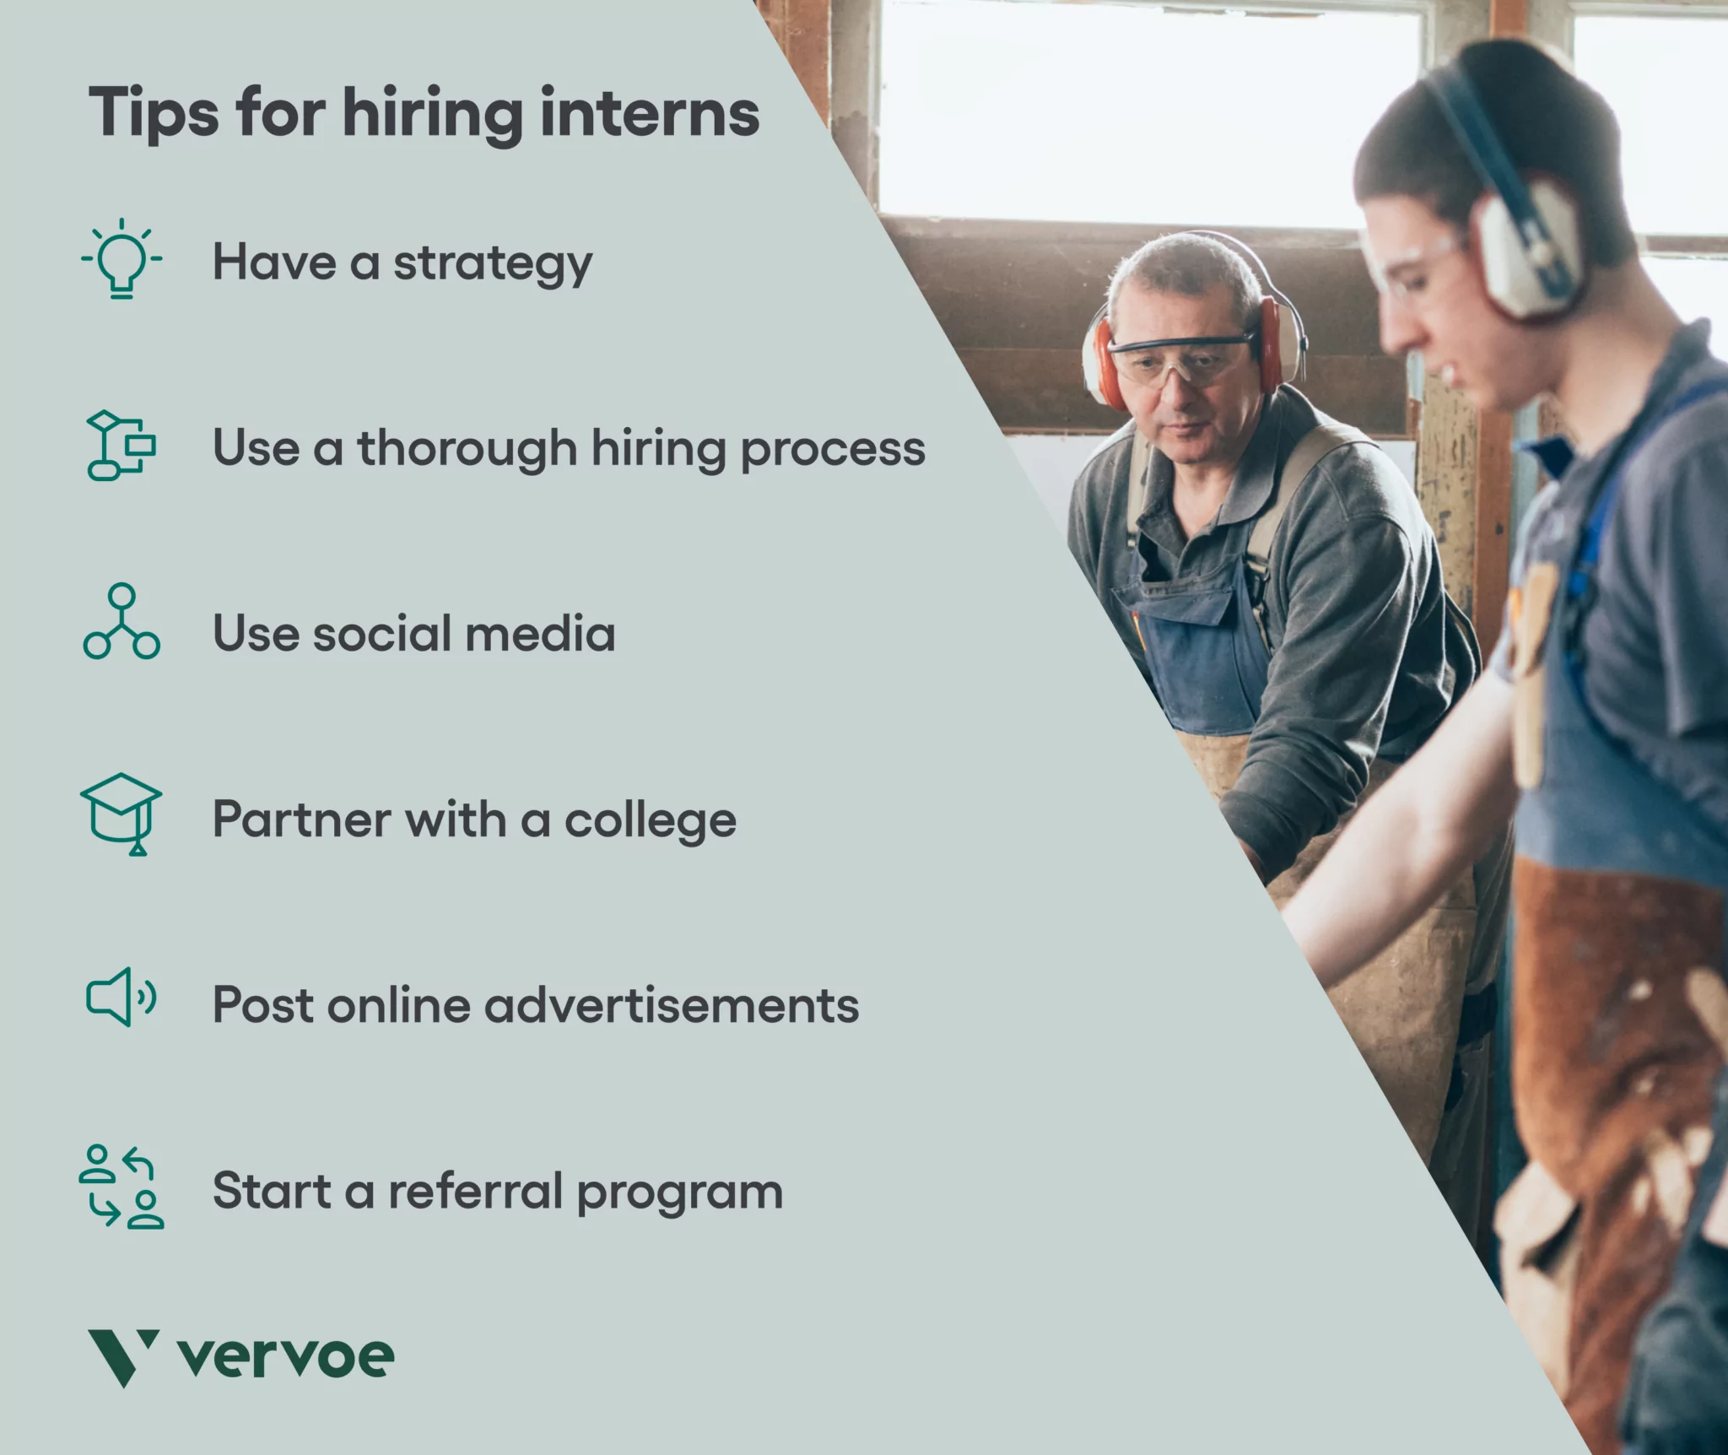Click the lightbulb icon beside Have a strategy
[121, 259]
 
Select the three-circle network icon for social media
[121, 622]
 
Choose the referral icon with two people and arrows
[121, 1186]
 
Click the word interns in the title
[649, 113]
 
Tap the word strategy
[493, 263]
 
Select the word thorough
[467, 448]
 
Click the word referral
[475, 1191]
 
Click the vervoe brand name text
[286, 1357]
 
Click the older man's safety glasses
[1181, 358]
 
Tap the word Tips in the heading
[153, 113]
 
